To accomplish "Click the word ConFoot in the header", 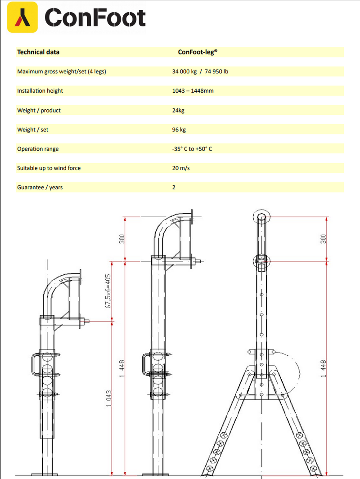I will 95,18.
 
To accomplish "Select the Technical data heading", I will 38,52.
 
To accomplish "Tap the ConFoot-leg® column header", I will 198,52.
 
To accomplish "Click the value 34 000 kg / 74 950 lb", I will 200,72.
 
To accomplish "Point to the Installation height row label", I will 40,91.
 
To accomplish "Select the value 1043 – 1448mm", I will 193,91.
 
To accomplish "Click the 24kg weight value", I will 179,110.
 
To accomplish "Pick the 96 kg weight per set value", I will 179,130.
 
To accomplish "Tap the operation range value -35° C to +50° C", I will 192,149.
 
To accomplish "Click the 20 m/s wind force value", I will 181,168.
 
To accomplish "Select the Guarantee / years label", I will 40,188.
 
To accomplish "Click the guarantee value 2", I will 174,188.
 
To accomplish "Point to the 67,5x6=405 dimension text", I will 108,291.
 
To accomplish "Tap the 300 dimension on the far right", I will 323,239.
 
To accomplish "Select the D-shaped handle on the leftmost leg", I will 36,364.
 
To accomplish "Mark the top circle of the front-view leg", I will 261,217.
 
